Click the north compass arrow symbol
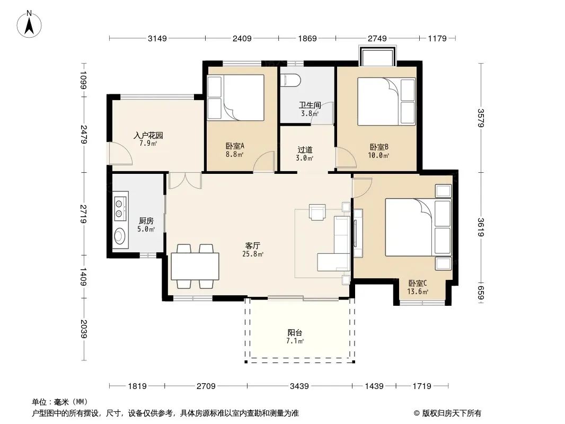point(29,25)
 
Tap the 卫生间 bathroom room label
point(310,105)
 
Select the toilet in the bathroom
point(290,81)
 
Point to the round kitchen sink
point(120,236)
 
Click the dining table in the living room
point(195,267)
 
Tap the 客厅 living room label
point(252,246)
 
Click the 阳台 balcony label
point(295,332)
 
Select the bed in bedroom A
point(244,98)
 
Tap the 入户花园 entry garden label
point(148,136)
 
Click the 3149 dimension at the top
point(157,38)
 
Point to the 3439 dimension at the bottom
point(299,386)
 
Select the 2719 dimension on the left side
point(83,214)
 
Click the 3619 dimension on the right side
point(481,227)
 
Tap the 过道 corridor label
point(305,149)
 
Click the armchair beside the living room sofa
point(317,212)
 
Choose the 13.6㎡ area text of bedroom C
point(418,292)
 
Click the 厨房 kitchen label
point(146,220)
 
